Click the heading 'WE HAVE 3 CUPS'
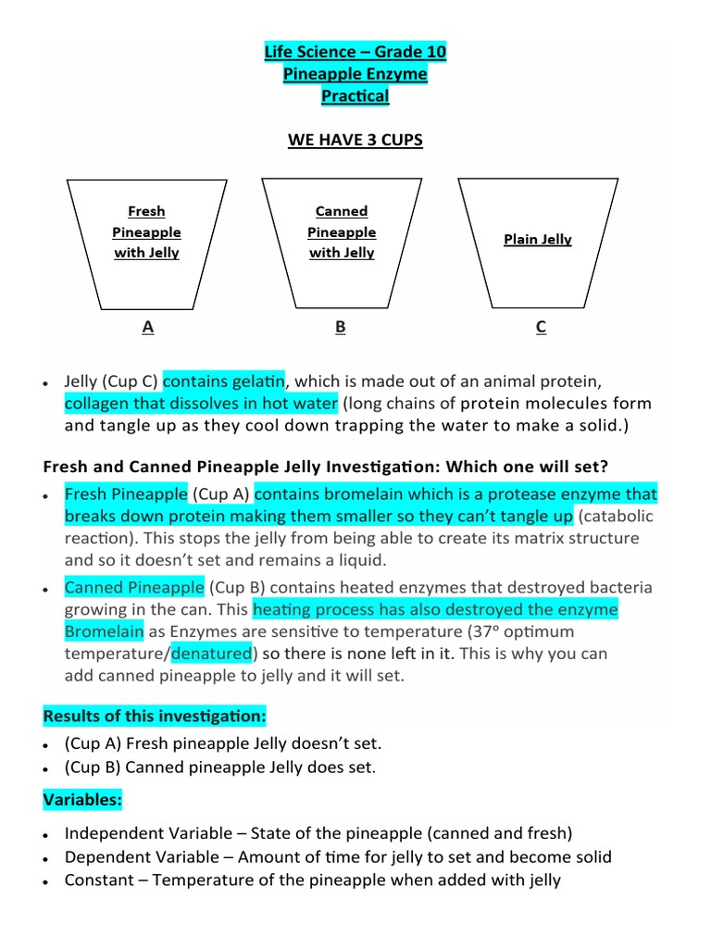click(x=355, y=140)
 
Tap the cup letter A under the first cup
click(x=147, y=326)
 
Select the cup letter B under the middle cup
click(x=341, y=326)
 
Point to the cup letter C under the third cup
click(x=541, y=326)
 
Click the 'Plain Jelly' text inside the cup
click(x=538, y=239)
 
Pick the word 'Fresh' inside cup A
click(x=146, y=211)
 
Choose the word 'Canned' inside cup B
click(x=342, y=211)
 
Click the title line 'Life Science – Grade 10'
click(x=355, y=52)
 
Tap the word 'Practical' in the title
click(x=355, y=95)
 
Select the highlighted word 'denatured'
click(x=212, y=654)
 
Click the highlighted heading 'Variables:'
click(x=83, y=798)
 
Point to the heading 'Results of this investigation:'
click(x=155, y=716)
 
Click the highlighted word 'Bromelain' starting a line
click(x=104, y=631)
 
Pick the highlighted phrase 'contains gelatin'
click(x=224, y=380)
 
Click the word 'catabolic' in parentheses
click(x=620, y=516)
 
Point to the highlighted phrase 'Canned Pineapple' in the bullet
click(x=134, y=587)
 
